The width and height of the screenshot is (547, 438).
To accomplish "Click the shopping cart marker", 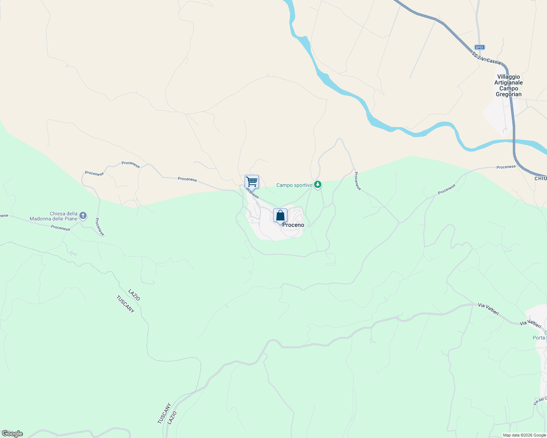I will [x=252, y=181].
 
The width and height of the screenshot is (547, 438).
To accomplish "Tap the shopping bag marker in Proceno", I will [x=280, y=215].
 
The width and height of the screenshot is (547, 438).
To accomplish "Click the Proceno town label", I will [x=293, y=225].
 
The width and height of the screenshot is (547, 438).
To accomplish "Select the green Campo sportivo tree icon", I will [x=318, y=185].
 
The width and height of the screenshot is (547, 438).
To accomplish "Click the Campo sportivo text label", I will [x=294, y=185].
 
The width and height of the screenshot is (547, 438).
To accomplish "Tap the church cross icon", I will [x=83, y=216].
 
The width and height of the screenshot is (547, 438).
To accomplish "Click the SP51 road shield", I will [x=479, y=47].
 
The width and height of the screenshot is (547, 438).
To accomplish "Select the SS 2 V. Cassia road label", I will [x=486, y=58].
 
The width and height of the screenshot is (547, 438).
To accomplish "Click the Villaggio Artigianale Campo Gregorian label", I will [x=508, y=86].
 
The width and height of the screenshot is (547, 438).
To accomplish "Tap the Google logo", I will [x=12, y=434].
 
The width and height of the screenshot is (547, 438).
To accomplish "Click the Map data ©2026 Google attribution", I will [x=524, y=435].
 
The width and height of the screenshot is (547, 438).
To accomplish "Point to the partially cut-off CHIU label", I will [x=540, y=178].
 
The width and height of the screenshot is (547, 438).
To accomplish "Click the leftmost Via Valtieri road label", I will [x=488, y=309].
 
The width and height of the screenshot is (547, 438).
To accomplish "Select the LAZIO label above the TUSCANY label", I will [x=134, y=295].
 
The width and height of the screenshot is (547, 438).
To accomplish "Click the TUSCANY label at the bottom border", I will [x=164, y=414].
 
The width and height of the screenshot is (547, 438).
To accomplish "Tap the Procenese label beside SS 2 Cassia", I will [x=506, y=167].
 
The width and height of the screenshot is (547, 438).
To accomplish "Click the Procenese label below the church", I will [x=61, y=228].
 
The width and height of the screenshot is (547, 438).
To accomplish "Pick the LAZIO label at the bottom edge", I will [x=172, y=418].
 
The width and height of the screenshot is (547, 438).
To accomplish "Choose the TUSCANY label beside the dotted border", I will [x=125, y=304].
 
